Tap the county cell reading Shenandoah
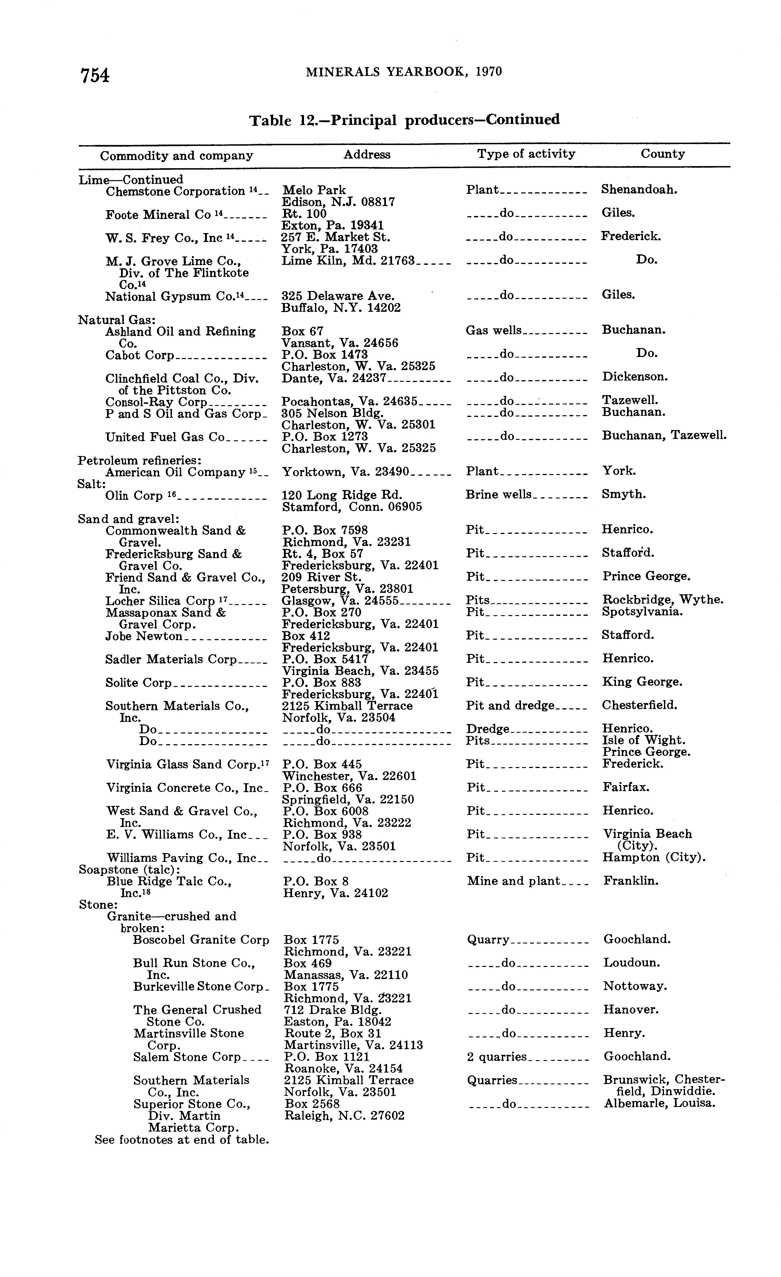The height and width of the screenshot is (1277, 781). click(639, 190)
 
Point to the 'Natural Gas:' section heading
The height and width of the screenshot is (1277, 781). click(117, 320)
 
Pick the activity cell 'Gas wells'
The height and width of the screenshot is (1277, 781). click(494, 331)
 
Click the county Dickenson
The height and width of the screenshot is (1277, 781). click(634, 377)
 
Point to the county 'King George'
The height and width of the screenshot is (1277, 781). click(642, 682)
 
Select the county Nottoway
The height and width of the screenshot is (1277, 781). click(635, 986)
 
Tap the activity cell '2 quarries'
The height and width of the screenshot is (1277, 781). click(496, 1057)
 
